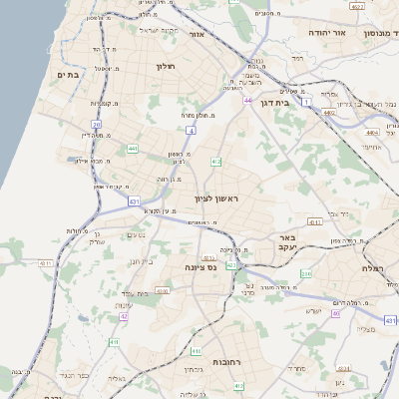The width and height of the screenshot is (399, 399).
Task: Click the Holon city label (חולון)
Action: click(166, 66)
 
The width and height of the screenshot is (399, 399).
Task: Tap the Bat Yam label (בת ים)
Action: click(68, 75)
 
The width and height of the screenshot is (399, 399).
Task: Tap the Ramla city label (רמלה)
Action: click(371, 268)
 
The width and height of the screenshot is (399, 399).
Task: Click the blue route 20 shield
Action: click(97, 125)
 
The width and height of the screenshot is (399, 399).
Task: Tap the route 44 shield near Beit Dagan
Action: click(246, 101)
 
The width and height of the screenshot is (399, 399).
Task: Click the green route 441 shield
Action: click(133, 149)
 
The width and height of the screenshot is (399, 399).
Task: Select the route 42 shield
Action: click(124, 316)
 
